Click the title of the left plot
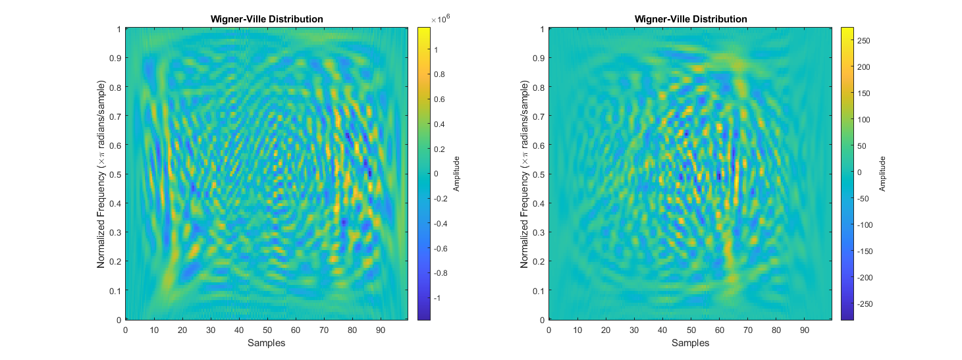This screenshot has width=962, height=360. [x=267, y=19]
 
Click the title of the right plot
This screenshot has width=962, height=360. [x=690, y=19]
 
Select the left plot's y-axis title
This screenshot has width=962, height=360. [x=101, y=174]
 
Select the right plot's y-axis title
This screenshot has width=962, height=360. [x=525, y=174]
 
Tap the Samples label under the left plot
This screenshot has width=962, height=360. [x=267, y=343]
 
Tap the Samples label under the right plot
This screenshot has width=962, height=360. [x=690, y=343]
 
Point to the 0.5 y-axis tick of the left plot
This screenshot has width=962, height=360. [x=116, y=174]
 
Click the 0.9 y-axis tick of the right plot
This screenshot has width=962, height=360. [x=539, y=58]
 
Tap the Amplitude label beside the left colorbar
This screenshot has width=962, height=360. [x=456, y=174]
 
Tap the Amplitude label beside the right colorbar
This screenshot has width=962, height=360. [x=883, y=174]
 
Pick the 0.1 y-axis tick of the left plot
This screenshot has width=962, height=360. [x=116, y=290]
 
